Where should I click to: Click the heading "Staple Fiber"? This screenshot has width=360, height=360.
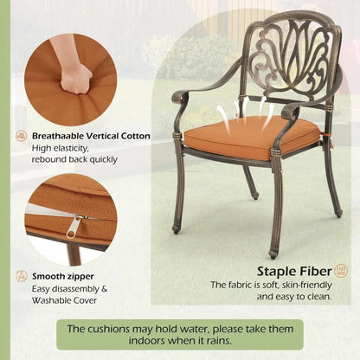294,272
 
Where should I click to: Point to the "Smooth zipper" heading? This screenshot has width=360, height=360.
63,276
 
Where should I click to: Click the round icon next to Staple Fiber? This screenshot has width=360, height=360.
341,271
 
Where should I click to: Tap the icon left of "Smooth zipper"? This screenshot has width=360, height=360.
22,276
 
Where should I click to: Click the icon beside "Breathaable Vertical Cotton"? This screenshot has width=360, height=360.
22,136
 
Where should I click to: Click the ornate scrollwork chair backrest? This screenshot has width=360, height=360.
292,55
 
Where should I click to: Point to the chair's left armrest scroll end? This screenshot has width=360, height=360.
179,97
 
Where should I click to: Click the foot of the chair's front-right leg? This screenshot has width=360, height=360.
272,254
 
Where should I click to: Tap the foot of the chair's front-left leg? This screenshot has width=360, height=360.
175,229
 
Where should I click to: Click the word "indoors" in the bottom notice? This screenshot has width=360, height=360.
147,341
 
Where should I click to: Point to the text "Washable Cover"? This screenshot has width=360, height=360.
64,300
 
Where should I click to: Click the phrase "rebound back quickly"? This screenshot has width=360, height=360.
74,159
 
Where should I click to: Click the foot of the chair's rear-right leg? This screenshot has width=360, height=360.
339,214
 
